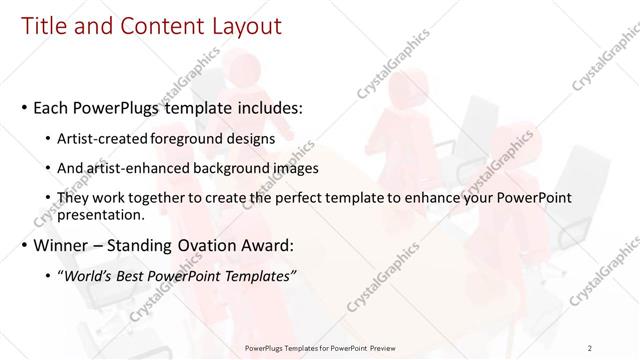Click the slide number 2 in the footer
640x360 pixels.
pos(590,347)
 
